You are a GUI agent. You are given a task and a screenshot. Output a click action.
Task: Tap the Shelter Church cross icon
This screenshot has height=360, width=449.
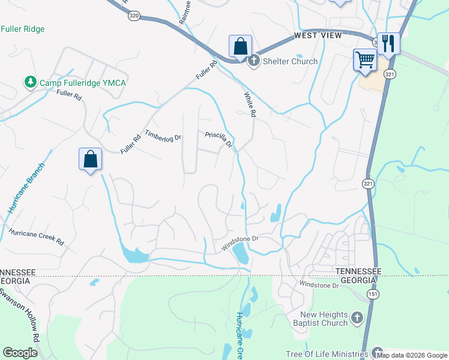click(254, 61)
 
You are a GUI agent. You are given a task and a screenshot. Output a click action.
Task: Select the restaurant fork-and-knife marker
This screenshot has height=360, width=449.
click(388, 43)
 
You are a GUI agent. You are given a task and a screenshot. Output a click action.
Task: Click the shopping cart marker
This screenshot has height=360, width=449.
click(365, 59)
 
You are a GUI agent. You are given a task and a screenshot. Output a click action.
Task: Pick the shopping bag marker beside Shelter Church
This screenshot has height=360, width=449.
click(240, 46)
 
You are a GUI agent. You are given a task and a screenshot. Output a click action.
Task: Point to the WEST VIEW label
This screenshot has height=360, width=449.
click(318, 36)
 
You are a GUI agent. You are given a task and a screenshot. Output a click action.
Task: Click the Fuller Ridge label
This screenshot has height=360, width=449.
click(23, 29)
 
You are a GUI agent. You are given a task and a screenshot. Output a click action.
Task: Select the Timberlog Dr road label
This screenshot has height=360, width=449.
click(163, 136)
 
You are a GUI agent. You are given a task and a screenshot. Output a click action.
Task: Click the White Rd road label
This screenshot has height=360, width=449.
click(250, 104)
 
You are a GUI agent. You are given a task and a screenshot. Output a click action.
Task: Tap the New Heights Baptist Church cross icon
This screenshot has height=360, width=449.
click(357, 317)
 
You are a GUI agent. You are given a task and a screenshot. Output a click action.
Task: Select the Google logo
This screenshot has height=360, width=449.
click(20, 353)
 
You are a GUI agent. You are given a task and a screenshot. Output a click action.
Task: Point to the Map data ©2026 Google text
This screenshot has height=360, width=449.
click(412, 355)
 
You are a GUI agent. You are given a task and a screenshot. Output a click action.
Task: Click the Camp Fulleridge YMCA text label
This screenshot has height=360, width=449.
click(83, 82)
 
